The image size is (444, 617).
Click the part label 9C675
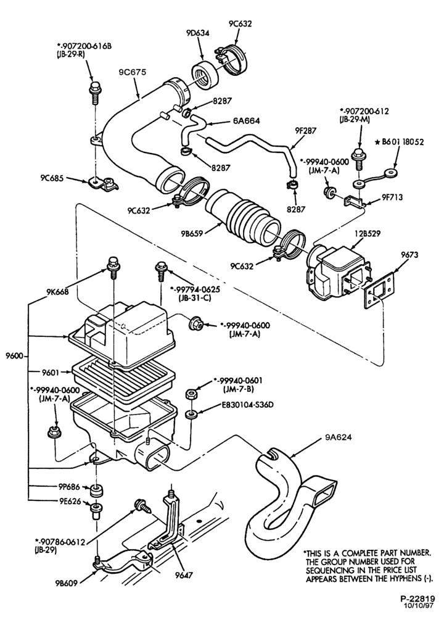point(132,72)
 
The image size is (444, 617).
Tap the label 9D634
point(198,33)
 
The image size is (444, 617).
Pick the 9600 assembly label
point(14,357)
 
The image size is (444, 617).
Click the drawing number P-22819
point(417,599)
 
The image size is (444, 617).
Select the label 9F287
point(309,130)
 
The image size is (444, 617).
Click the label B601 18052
point(402,142)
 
